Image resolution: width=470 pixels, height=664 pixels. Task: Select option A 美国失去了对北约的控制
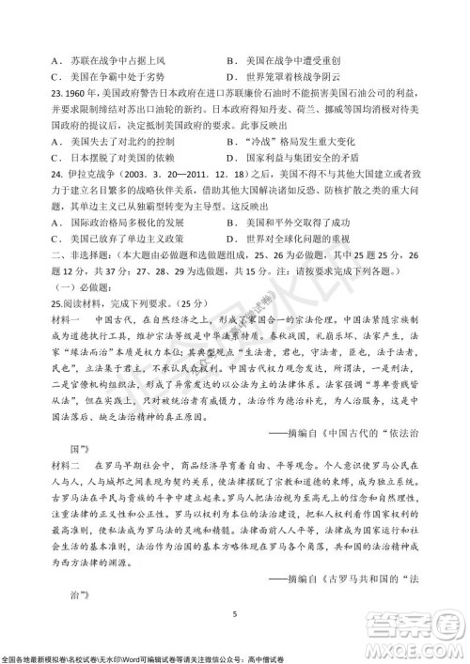113,140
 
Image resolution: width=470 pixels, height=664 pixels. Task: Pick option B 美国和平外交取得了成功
299,222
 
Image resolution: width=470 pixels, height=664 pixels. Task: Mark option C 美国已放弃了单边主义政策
118,239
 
